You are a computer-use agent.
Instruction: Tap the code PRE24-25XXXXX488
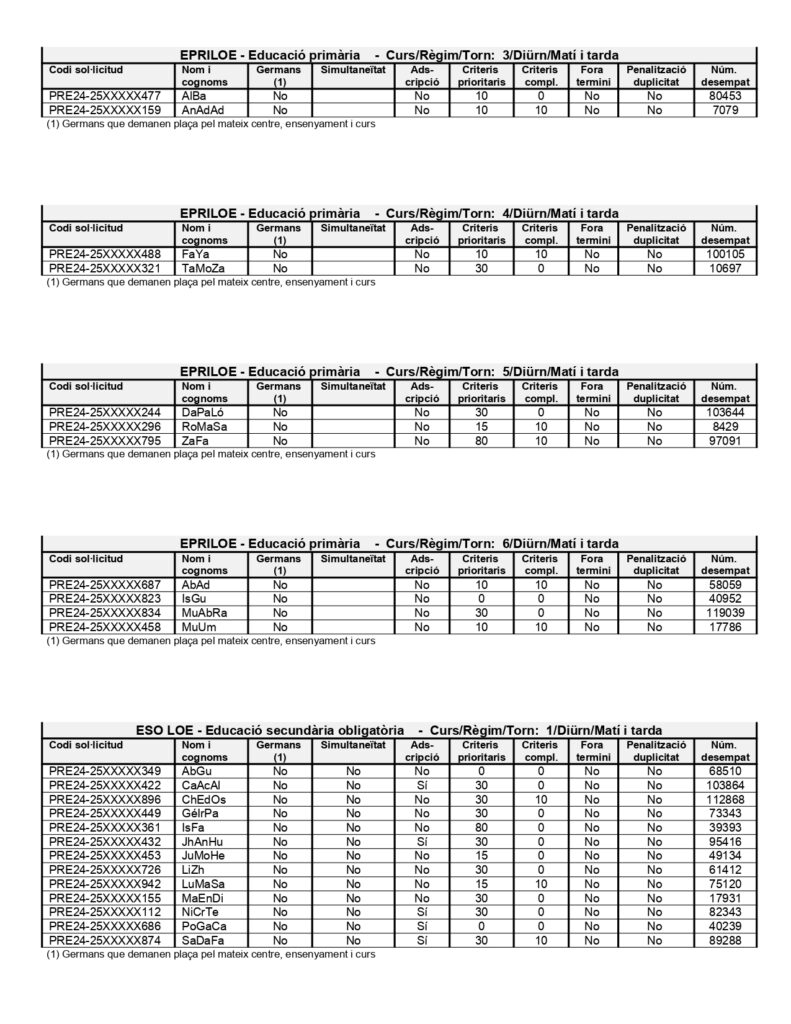pyautogui.click(x=105, y=255)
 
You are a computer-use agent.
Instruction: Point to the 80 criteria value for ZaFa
pyautogui.click(x=480, y=440)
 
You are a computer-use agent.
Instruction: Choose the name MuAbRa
pyautogui.click(x=205, y=613)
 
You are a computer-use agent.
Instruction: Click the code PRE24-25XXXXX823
pyautogui.click(x=105, y=599)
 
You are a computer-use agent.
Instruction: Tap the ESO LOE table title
pyautogui.click(x=399, y=730)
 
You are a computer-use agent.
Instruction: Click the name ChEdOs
pyautogui.click(x=204, y=799)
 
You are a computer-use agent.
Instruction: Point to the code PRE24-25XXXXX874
pyautogui.click(x=105, y=940)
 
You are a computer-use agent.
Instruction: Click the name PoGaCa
pyautogui.click(x=205, y=926)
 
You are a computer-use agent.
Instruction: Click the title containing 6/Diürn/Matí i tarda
pyautogui.click(x=399, y=543)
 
